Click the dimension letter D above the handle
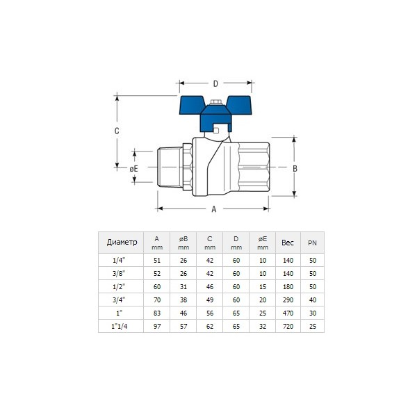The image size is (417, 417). click(215, 83)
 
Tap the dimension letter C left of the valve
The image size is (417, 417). click(117, 131)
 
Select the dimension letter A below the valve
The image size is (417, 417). click(214, 209)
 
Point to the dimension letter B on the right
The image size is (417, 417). click(295, 168)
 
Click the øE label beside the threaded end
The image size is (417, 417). click(133, 169)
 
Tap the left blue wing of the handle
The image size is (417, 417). click(192, 105)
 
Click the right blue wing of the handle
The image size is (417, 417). click(239, 105)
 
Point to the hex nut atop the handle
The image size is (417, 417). click(215, 102)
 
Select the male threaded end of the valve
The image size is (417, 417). click(170, 167)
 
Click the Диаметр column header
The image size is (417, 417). click(122, 243)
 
